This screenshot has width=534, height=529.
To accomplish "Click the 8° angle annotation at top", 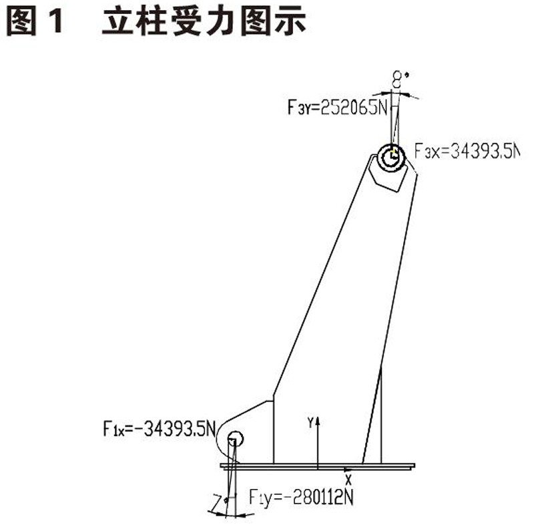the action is coord(399,81).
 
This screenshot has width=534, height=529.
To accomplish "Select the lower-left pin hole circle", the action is coord(234,439).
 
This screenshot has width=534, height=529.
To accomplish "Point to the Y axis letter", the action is coord(310,422).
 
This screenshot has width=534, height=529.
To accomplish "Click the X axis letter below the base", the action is coord(348,478).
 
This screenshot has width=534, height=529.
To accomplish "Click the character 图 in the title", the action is coord(24,21).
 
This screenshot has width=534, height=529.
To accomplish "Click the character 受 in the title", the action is coord(187,21).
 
